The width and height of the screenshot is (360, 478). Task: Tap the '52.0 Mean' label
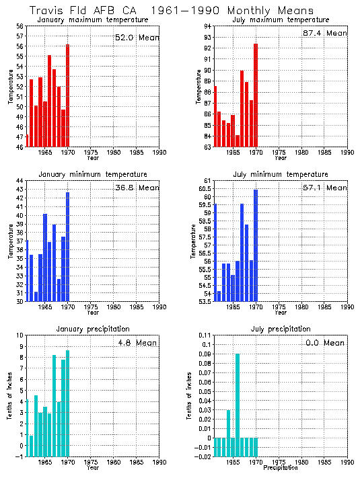137,38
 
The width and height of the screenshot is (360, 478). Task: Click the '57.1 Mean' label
325,188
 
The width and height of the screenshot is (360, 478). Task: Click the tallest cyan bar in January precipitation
67,403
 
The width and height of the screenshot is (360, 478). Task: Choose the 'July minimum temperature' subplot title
280,174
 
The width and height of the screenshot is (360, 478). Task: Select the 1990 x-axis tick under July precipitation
347,463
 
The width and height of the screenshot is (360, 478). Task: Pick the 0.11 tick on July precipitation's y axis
206,335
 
